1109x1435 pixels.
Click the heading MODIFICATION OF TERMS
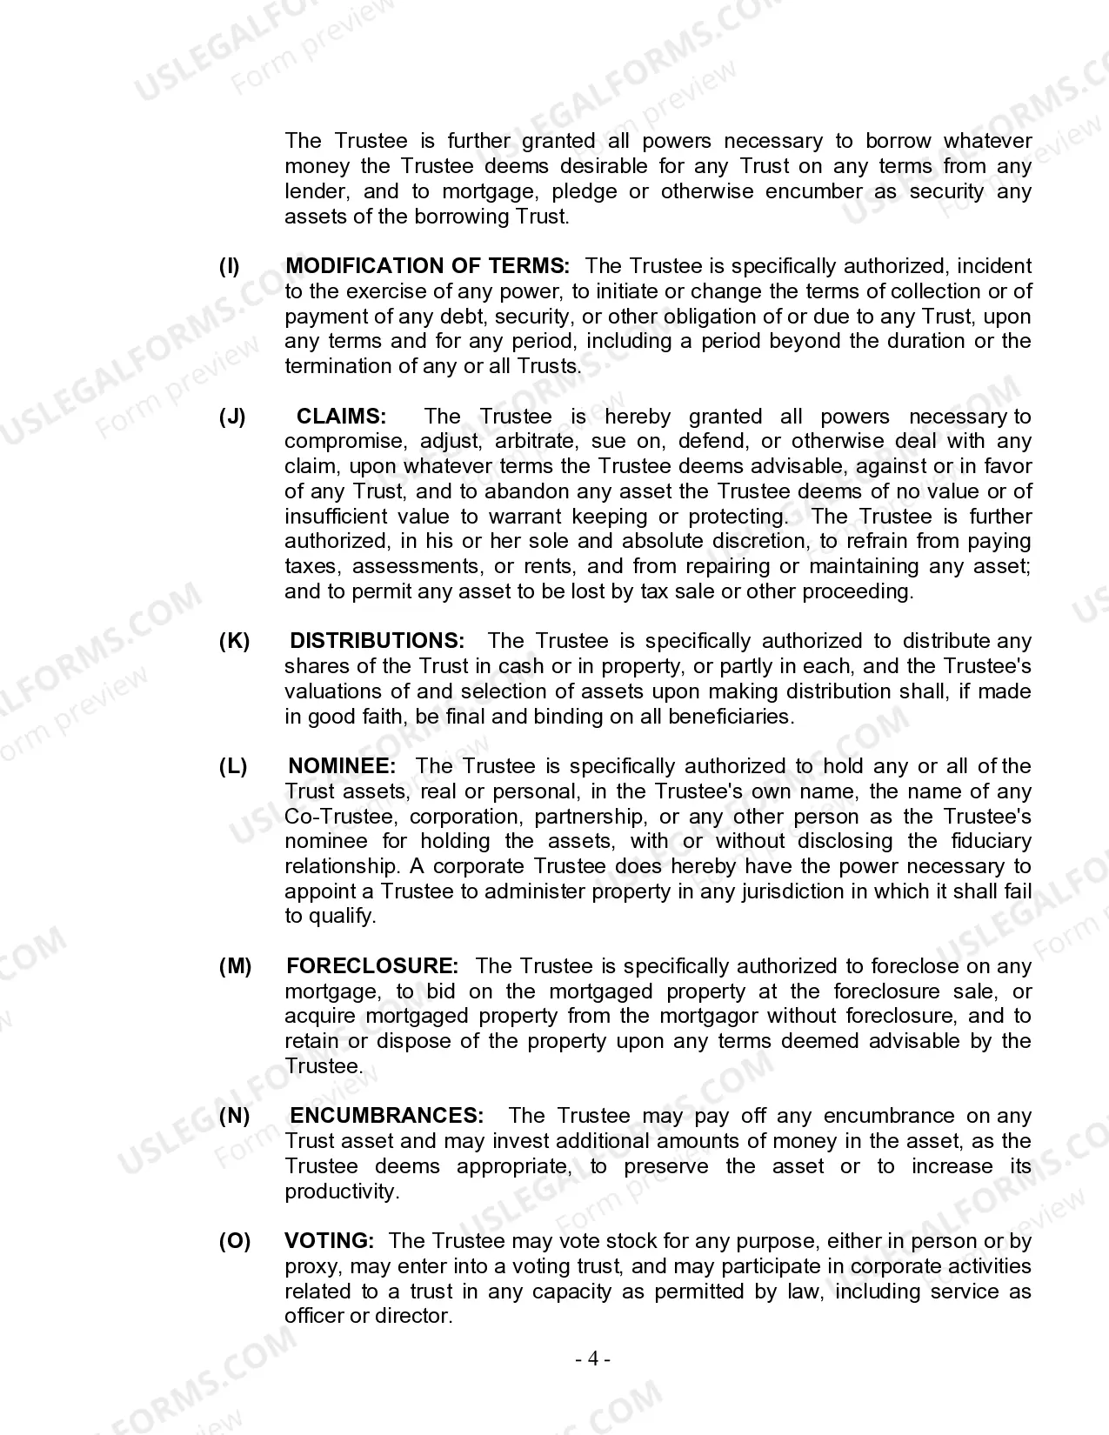point(427,266)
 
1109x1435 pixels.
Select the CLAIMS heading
point(341,417)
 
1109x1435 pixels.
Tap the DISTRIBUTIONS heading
point(377,641)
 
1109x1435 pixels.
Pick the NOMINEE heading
point(342,766)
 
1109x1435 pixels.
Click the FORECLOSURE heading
point(371,966)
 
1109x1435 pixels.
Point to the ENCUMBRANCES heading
point(386,1116)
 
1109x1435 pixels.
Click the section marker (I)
point(230,266)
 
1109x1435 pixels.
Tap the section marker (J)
point(232,417)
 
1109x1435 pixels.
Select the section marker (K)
point(234,641)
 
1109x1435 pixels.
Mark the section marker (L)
point(233,766)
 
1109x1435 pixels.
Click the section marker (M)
point(235,966)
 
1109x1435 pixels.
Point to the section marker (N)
point(234,1116)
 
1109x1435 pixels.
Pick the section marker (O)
point(234,1241)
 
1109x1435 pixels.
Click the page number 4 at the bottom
point(592,1359)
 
